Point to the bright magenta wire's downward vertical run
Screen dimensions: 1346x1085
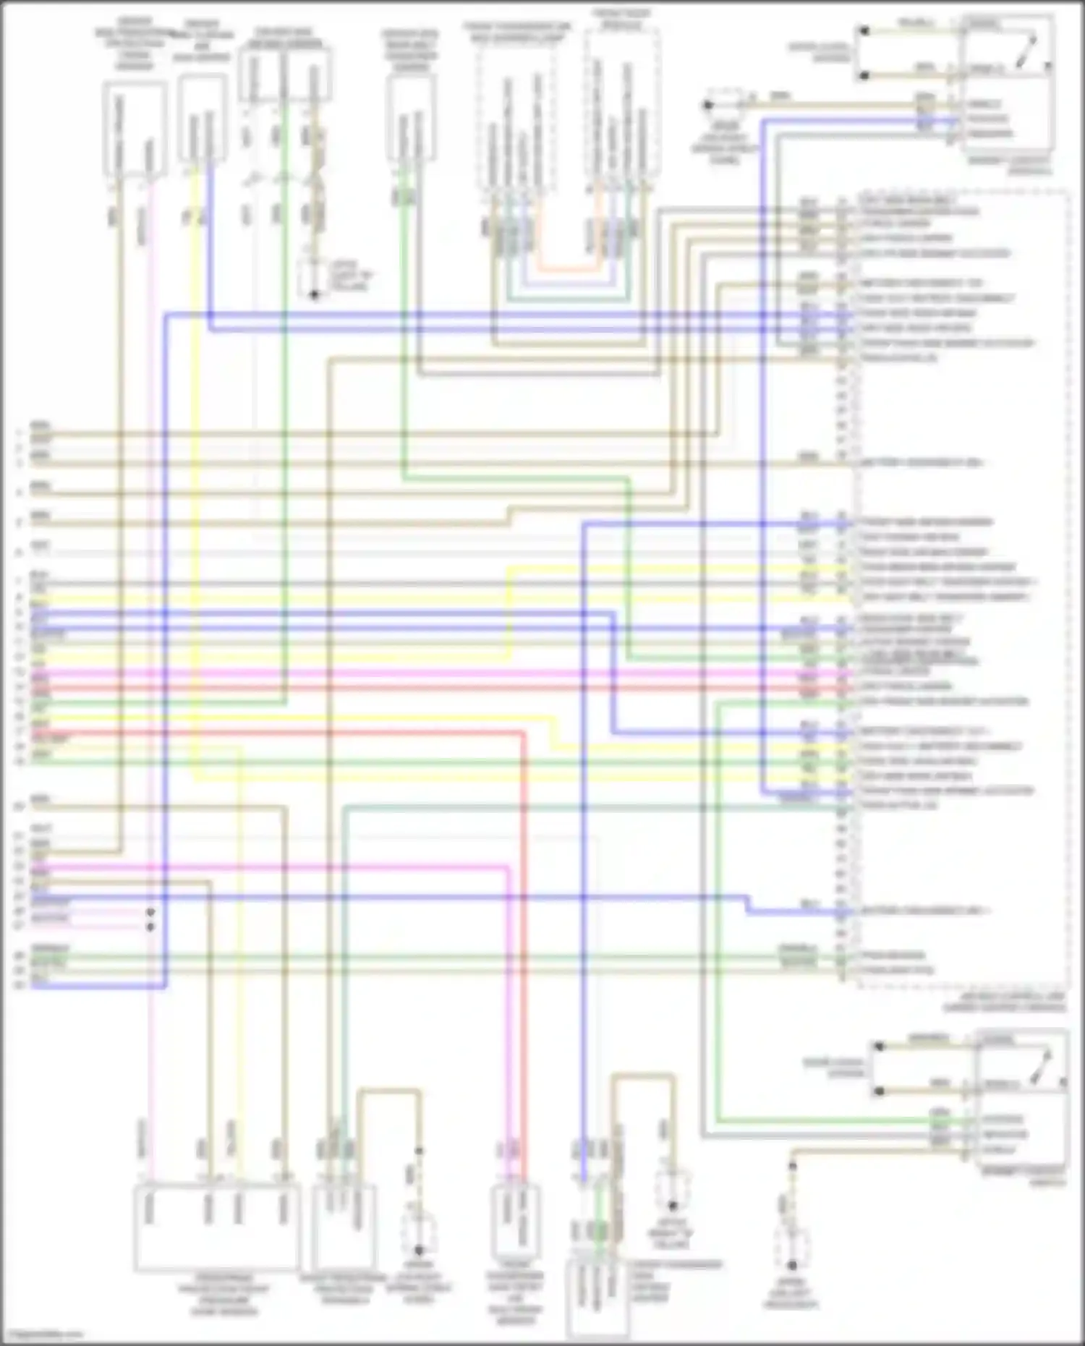point(509,1013)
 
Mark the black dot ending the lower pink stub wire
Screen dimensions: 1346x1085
point(150,926)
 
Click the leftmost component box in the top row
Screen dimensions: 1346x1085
point(135,129)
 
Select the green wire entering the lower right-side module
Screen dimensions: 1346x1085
point(832,1120)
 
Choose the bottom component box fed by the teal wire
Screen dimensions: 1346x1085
point(344,1222)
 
